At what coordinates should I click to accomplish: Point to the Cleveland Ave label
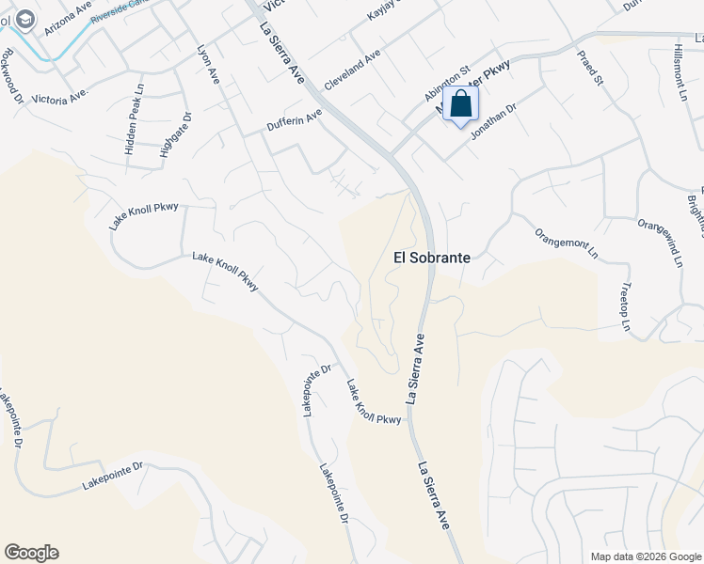point(352,70)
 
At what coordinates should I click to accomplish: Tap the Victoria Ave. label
point(59,96)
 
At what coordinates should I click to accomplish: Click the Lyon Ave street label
point(207,63)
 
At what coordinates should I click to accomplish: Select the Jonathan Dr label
point(494,121)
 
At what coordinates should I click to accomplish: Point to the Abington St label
point(446,84)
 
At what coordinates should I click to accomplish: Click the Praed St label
point(590,66)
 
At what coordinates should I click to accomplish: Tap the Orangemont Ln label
point(566,243)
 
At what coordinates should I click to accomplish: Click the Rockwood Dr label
point(10,68)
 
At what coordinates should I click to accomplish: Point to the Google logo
point(31,553)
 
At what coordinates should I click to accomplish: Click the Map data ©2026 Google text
point(644,556)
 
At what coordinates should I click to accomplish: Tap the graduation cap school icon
point(24,18)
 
